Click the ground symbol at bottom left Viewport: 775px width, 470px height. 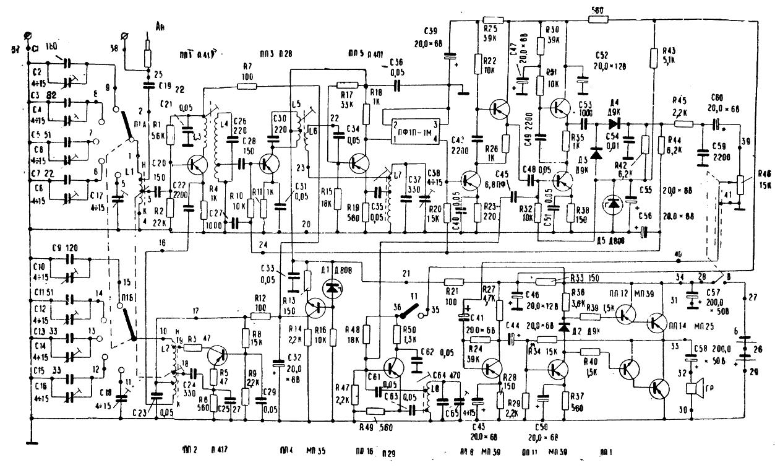pos(29,440)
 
